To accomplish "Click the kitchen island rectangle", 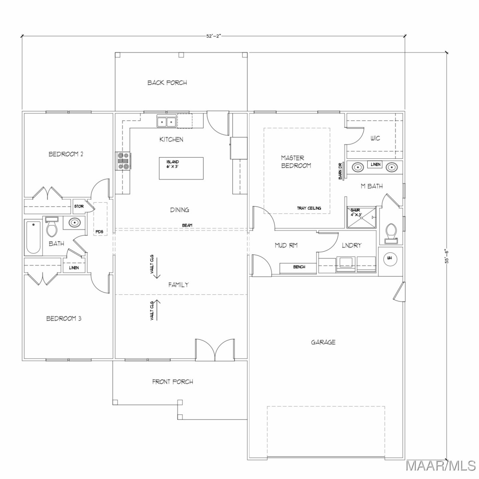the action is click(181, 168).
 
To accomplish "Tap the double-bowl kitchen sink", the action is click(166, 122).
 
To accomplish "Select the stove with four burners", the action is click(123, 161).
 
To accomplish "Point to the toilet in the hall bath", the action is click(52, 227).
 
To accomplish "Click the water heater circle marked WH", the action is click(390, 258).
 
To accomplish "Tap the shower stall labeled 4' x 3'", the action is click(361, 217).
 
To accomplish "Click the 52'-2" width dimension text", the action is click(214, 36).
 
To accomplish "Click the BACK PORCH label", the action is click(167, 83).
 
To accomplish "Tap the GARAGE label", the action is click(323, 342).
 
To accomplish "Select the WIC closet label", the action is click(375, 138).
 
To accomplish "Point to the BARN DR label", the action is click(340, 171).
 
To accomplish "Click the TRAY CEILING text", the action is click(309, 208).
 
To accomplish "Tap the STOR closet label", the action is click(79, 206).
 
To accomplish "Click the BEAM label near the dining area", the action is click(187, 225).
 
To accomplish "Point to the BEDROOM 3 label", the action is click(64, 318).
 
